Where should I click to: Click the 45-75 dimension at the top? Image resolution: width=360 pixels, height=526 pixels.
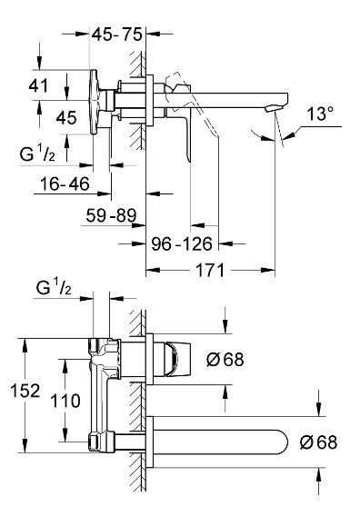click(x=117, y=35)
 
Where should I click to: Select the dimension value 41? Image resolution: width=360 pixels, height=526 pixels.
click(x=38, y=86)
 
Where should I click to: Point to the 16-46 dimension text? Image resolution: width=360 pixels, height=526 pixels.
click(x=65, y=184)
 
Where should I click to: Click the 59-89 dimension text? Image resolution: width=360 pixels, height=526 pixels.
click(x=111, y=215)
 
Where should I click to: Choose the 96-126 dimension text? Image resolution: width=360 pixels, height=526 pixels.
click(x=182, y=243)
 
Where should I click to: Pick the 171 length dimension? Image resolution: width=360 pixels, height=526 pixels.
click(x=210, y=270)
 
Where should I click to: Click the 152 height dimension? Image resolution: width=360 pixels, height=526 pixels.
click(x=25, y=391)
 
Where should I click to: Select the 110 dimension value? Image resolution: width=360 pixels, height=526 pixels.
click(x=65, y=401)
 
